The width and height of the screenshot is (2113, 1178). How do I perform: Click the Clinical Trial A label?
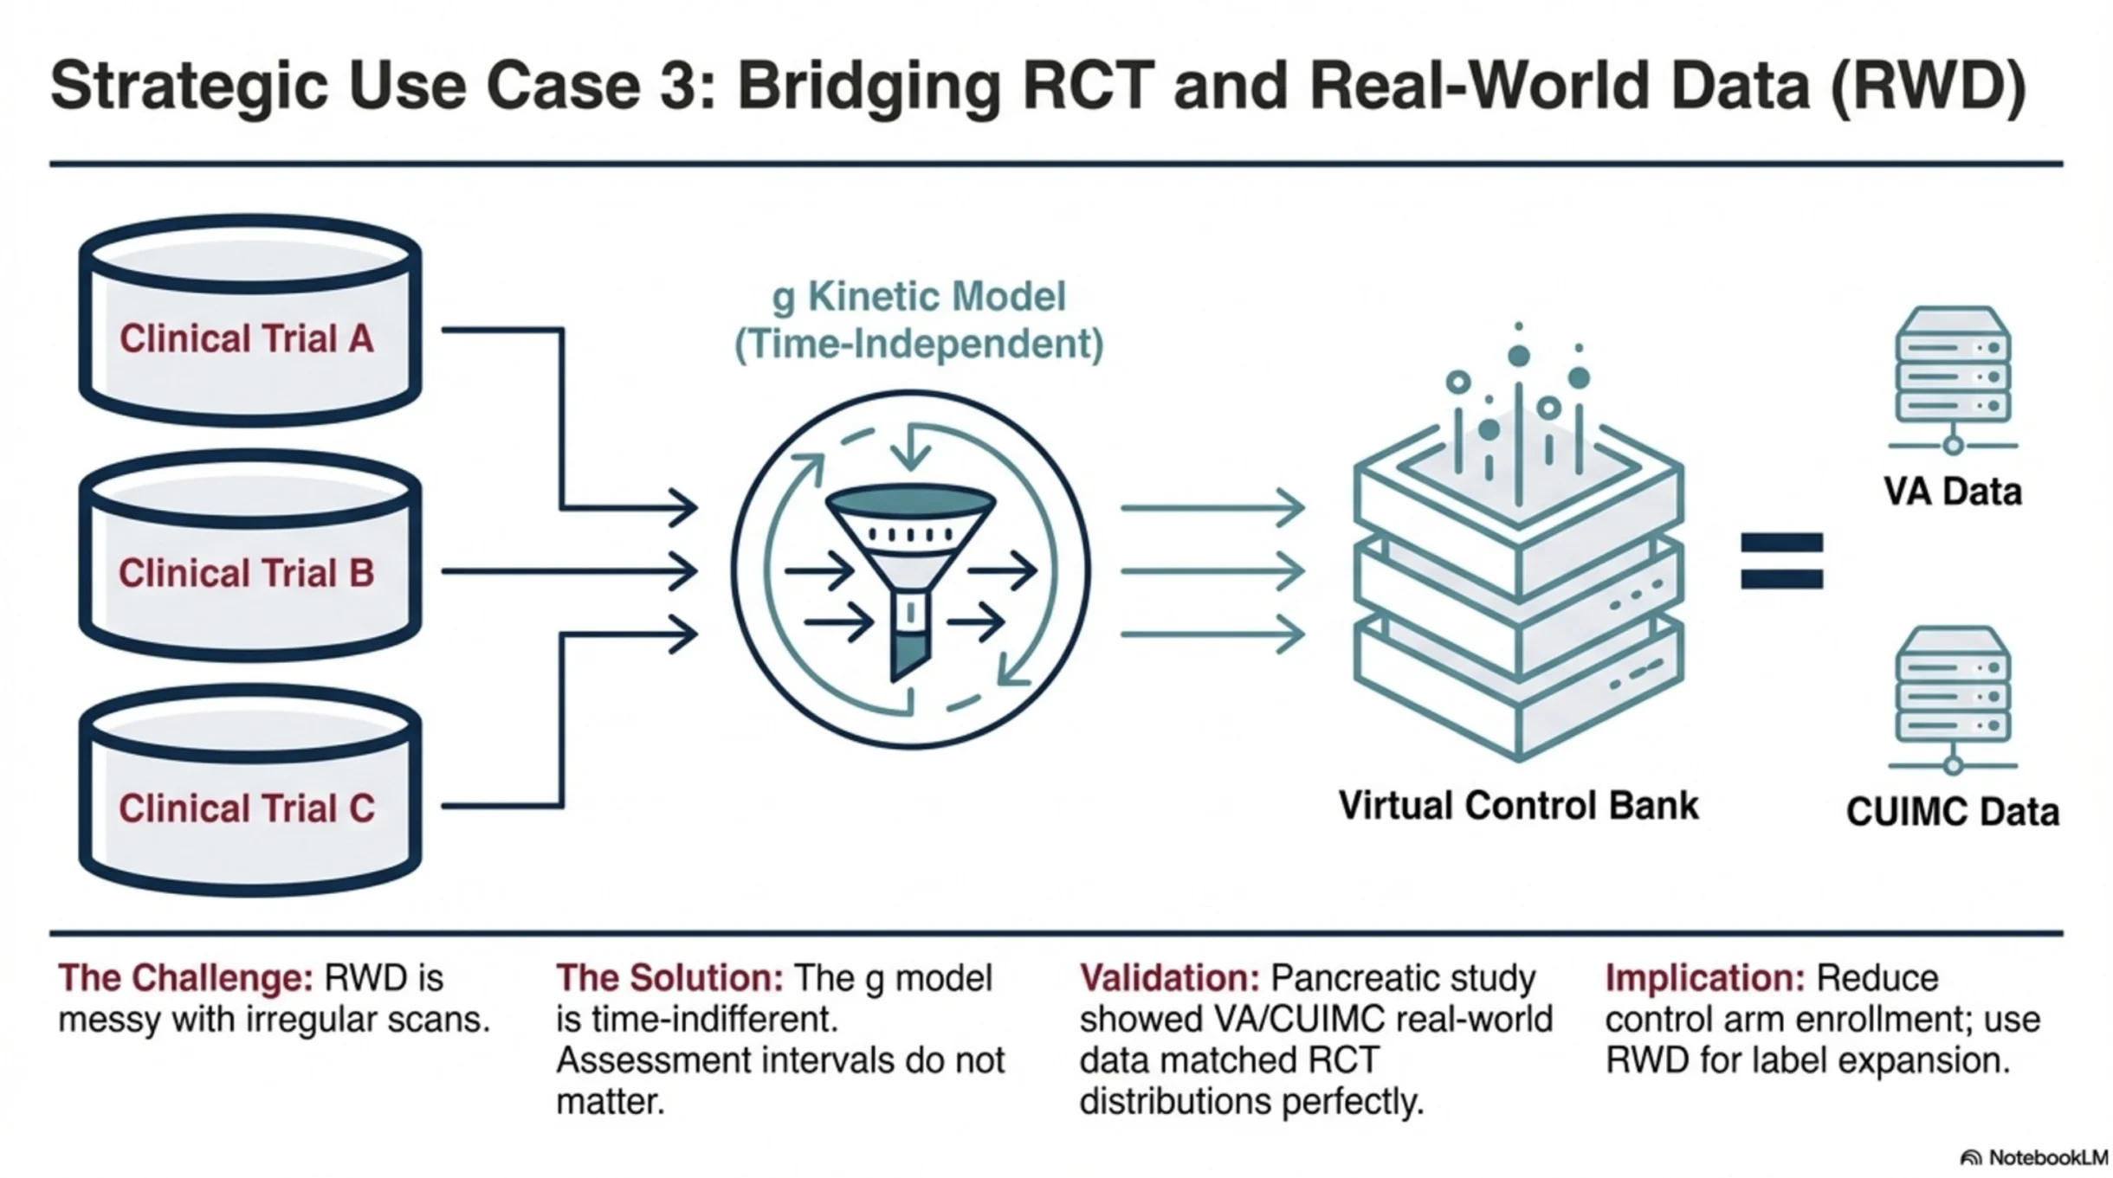tap(247, 338)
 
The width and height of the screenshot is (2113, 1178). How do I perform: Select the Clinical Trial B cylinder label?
tap(247, 573)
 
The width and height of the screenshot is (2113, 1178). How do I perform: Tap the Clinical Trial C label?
tap(247, 808)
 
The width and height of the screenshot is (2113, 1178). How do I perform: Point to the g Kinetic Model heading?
tap(919, 297)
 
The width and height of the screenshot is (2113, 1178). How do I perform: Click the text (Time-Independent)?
tap(919, 344)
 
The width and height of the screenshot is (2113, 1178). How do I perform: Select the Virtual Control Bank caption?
tap(1518, 806)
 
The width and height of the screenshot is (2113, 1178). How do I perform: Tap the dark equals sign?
tap(1781, 561)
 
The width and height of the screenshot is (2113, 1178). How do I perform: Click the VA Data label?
tap(1952, 492)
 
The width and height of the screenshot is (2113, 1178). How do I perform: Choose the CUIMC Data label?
tap(1952, 812)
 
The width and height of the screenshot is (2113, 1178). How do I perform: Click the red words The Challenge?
tap(185, 978)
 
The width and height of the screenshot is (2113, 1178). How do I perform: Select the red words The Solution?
tap(669, 978)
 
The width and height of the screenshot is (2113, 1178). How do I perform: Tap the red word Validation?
tap(1169, 978)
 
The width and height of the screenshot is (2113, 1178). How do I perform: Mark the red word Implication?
tap(1704, 978)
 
